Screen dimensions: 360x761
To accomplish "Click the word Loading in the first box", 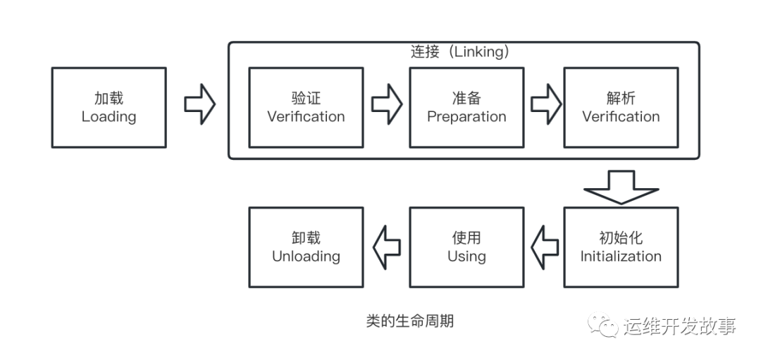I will coord(109,117).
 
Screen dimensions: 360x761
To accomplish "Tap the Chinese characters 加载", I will coord(109,99).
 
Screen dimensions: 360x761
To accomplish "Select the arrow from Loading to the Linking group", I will coord(199,104).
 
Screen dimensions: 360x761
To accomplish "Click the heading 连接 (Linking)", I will coord(459,52).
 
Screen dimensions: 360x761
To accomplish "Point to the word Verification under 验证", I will coord(306,117).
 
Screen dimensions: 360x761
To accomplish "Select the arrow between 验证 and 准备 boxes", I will coord(387,104).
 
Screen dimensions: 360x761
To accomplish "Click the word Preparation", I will coord(466,117).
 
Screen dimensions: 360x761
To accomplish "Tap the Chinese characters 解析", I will coord(621,99).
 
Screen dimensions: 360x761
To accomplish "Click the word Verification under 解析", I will coord(621,117).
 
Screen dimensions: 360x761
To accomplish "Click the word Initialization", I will coord(621,256).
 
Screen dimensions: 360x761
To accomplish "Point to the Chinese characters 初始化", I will coord(621,238).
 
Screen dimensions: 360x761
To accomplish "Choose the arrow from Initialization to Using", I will coord(545,247).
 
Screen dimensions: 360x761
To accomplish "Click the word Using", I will coord(466,256).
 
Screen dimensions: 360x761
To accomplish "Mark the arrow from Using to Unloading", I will coord(387,247).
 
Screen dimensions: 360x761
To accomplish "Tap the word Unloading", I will coord(306,256).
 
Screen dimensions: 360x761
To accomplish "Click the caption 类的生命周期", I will coord(409,321).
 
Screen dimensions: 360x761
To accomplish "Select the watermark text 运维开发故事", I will coord(679,326).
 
